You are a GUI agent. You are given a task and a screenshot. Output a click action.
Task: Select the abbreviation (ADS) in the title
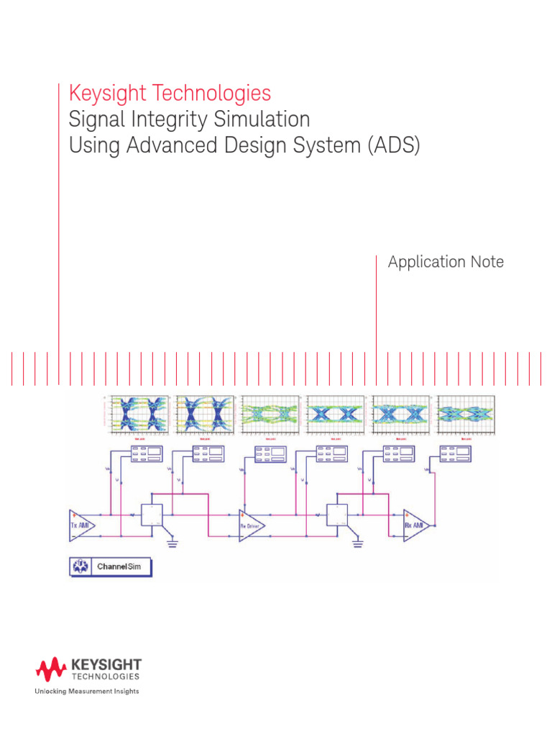(x=392, y=145)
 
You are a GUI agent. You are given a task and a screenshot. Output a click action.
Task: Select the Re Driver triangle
(x=252, y=525)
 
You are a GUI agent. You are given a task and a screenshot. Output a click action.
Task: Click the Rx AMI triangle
(x=417, y=525)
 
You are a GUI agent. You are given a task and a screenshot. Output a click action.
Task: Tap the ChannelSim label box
(x=111, y=566)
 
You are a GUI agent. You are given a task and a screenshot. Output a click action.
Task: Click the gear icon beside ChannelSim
(x=80, y=566)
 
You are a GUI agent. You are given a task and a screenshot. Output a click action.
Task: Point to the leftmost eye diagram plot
(x=137, y=415)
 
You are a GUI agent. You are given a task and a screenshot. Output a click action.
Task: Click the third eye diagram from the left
(x=270, y=415)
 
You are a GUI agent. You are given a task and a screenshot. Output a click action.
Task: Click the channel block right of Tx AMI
(x=152, y=515)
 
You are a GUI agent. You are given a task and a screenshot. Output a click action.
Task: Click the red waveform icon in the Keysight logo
(x=51, y=670)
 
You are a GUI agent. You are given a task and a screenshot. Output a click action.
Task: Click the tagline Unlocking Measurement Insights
(x=88, y=692)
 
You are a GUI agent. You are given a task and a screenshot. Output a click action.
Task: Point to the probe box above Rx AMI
(x=456, y=453)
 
